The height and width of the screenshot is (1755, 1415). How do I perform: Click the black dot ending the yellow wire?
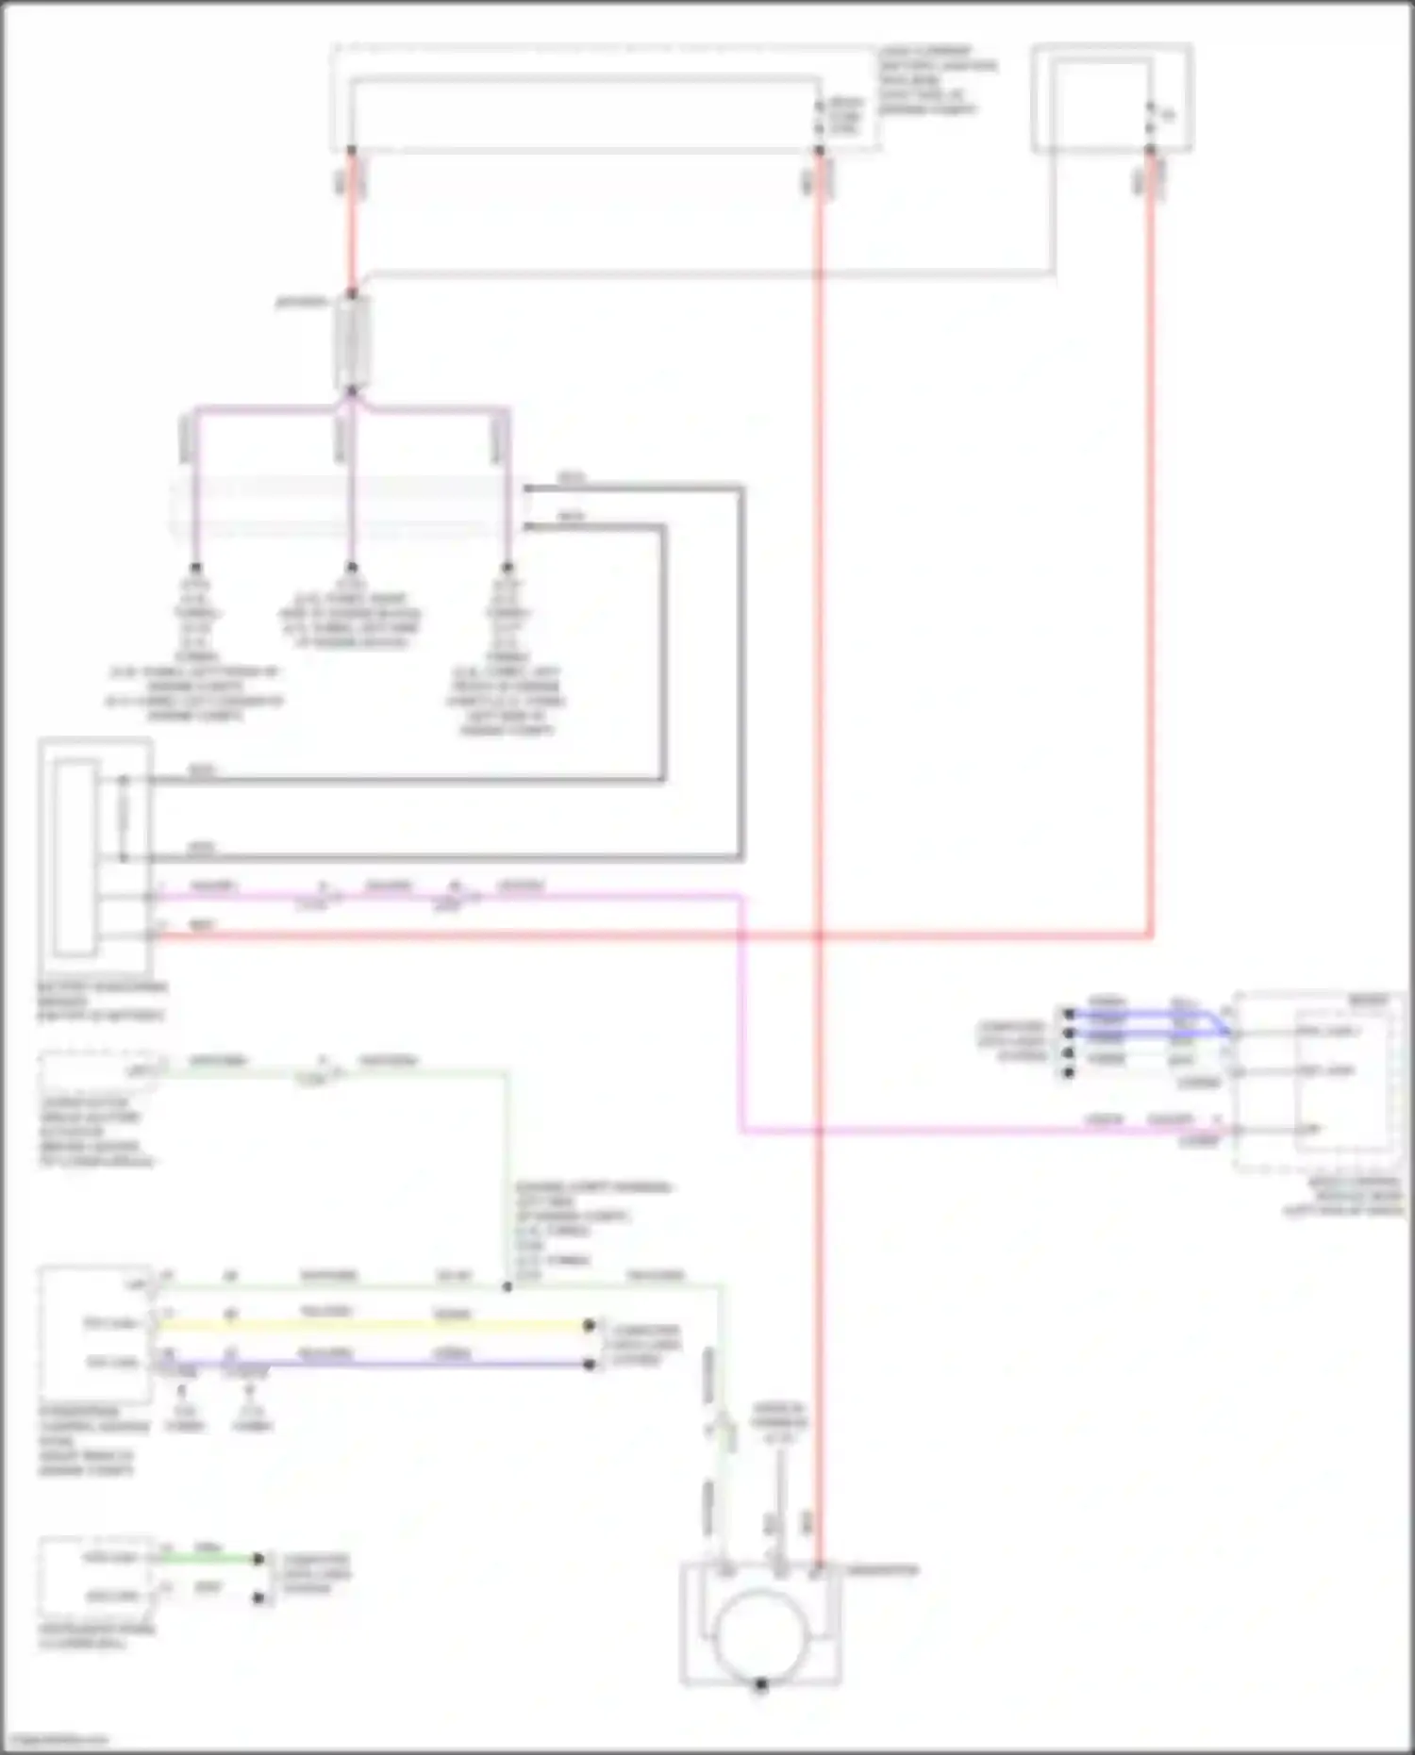tap(590, 1325)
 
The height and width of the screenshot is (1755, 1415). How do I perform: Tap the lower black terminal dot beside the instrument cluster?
tap(258, 1598)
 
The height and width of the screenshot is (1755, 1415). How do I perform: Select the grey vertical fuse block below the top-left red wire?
tap(352, 344)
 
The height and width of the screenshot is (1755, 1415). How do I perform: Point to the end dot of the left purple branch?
tap(196, 568)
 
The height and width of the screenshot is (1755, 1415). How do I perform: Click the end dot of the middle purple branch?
tap(351, 568)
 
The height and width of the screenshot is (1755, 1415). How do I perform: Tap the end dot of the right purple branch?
tap(508, 568)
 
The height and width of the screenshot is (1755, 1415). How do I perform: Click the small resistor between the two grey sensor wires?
tap(124, 819)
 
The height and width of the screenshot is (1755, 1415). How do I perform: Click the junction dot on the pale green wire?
tap(508, 1286)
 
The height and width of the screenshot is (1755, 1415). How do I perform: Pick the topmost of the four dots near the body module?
tap(1069, 1015)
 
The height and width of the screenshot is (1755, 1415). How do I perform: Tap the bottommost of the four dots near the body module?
tap(1069, 1073)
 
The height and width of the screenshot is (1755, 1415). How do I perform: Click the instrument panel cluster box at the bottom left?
tap(94, 1578)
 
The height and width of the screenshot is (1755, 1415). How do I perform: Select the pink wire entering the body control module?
tap(981, 1130)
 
